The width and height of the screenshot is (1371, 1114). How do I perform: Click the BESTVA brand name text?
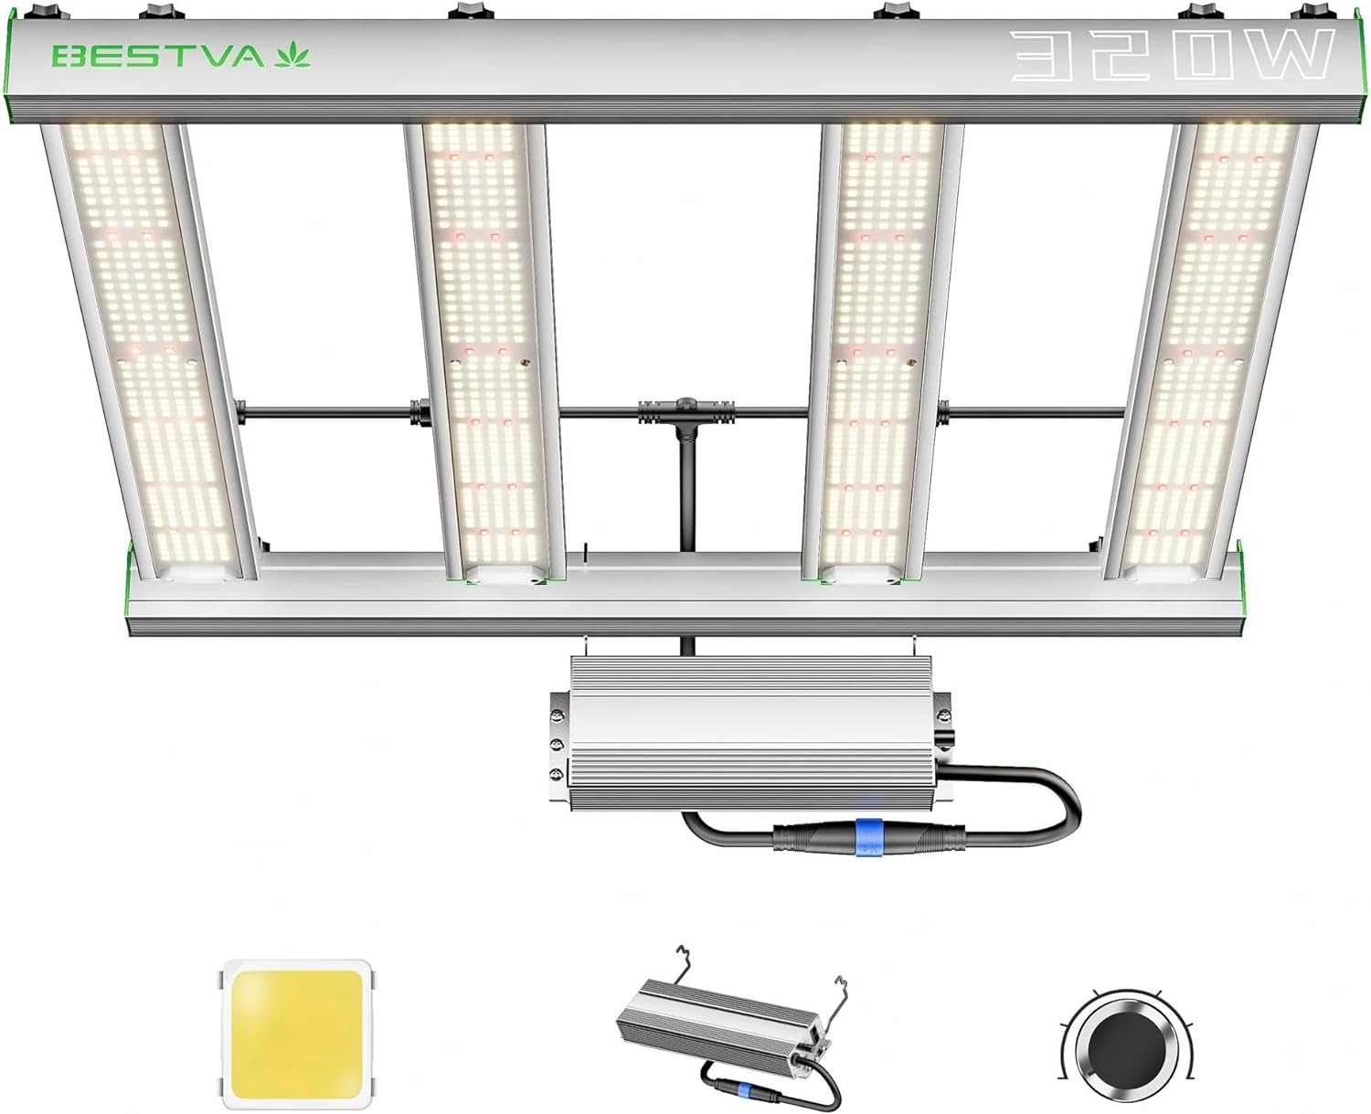[x=157, y=56]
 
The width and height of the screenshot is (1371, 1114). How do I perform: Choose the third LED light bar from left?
[x=877, y=347]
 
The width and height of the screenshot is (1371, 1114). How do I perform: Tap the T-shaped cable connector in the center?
[x=682, y=411]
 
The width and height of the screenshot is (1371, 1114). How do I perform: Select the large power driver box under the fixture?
[x=749, y=731]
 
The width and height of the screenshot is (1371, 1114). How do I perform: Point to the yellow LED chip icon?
[x=297, y=1033]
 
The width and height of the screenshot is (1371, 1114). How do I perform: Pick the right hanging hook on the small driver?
[x=843, y=989]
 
